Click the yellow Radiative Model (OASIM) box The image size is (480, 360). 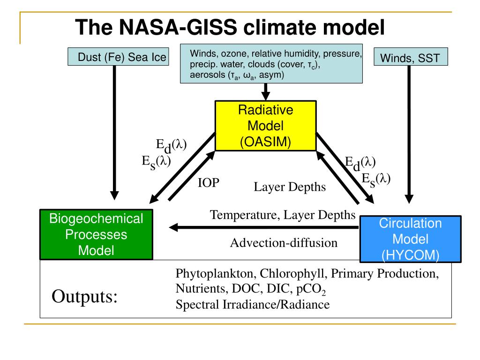[265, 126]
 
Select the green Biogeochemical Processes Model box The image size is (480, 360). [96, 234]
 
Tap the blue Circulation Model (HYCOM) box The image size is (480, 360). [410, 239]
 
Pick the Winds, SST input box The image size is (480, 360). [410, 58]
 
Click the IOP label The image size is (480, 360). [208, 183]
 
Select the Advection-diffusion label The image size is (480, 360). [284, 243]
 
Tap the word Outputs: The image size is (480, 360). [84, 296]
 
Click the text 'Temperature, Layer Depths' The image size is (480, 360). [283, 215]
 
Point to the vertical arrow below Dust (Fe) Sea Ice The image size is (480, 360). [114, 131]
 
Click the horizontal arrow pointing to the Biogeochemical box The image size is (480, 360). [262, 228]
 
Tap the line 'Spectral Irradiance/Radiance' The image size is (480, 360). [252, 305]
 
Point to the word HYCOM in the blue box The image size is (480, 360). [411, 255]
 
